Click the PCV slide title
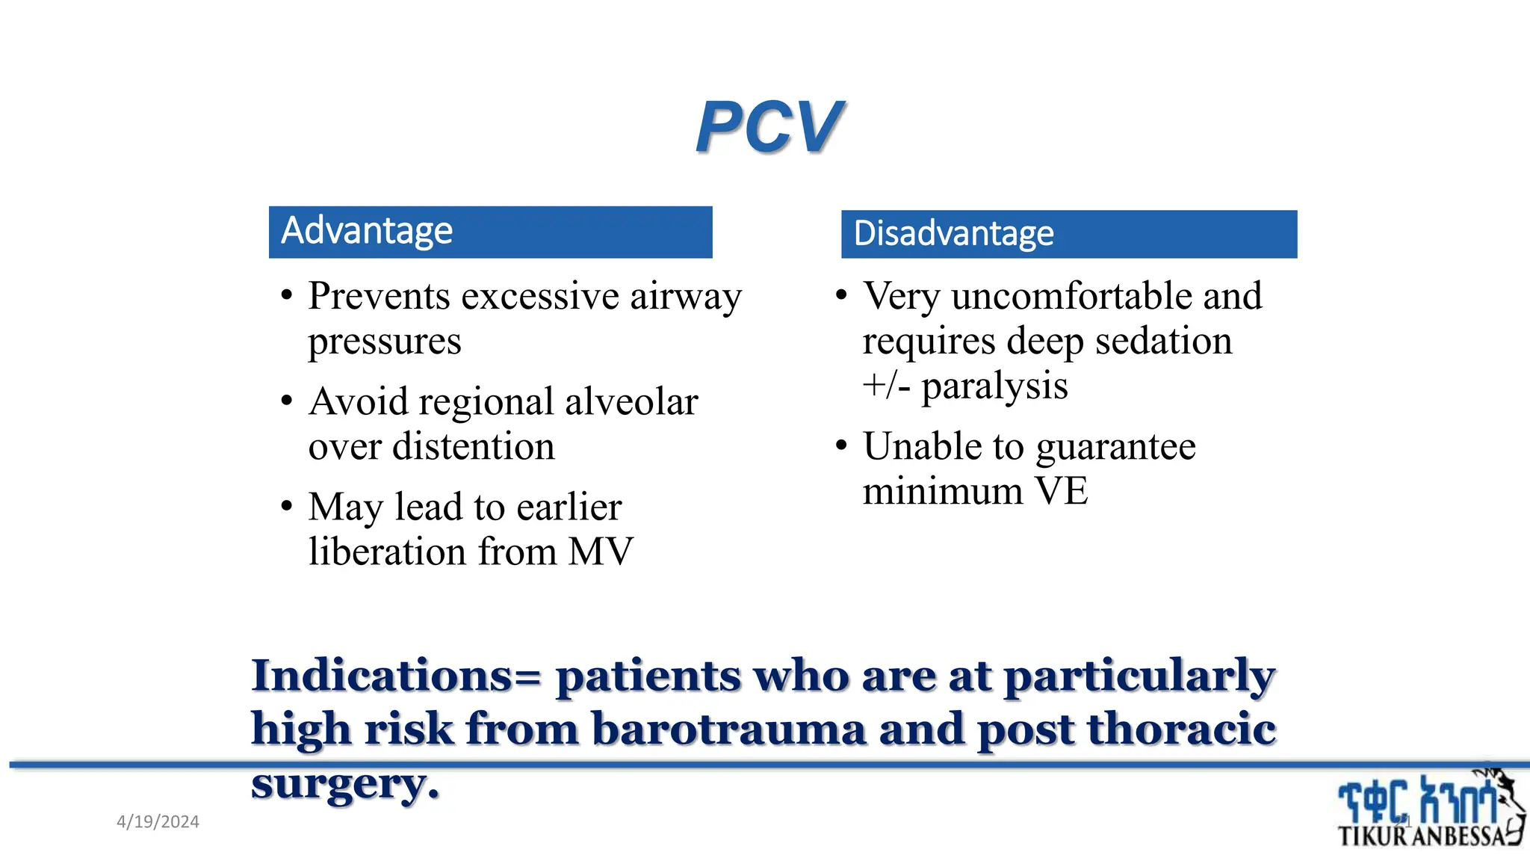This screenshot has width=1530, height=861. click(769, 127)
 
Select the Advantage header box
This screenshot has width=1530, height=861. click(490, 232)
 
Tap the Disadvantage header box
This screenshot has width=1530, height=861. click(1068, 234)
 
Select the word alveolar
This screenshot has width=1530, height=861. click(631, 402)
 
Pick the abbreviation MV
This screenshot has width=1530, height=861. click(600, 552)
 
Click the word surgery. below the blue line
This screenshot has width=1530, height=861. click(345, 785)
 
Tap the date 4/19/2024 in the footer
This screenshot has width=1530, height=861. click(158, 822)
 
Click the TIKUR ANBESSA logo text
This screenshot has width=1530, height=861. click(1419, 836)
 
